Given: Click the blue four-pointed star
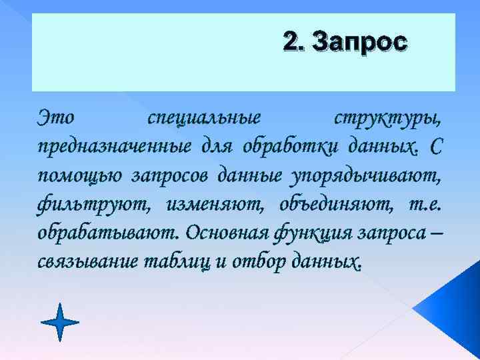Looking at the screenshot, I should [x=60, y=323].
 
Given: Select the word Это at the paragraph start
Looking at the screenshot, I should [x=57, y=117].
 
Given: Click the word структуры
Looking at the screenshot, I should [x=387, y=117].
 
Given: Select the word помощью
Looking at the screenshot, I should [x=80, y=175].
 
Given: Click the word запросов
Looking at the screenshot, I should [x=171, y=175].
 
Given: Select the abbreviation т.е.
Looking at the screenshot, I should [x=423, y=203].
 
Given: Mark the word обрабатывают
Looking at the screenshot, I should [x=110, y=232].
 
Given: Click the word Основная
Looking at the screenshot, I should [x=225, y=232].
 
